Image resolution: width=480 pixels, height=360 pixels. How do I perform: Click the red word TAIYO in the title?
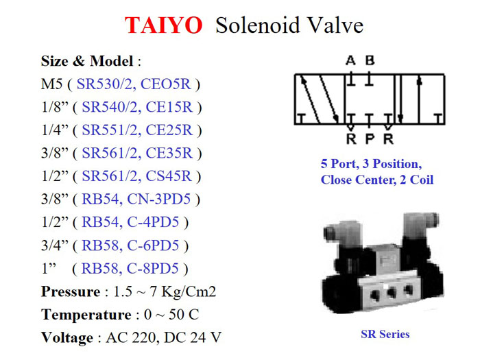tap(164, 25)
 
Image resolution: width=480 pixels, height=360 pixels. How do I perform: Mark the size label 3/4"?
tap(55, 245)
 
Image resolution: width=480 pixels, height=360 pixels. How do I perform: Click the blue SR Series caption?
tap(385, 335)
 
